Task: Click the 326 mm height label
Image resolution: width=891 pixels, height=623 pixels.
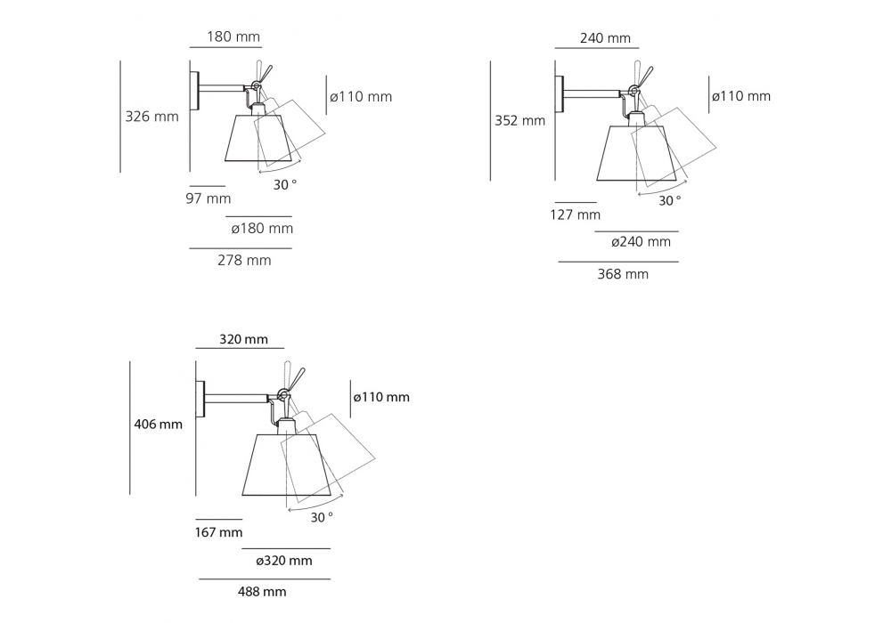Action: pos(151,117)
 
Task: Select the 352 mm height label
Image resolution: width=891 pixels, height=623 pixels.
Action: pos(520,120)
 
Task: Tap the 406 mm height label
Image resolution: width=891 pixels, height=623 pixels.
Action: pos(158,424)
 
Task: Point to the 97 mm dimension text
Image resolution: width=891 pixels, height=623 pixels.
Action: pos(208,198)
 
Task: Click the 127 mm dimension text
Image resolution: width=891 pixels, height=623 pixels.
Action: pos(575,214)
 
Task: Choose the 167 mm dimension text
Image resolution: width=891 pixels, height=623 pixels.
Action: pos(219,532)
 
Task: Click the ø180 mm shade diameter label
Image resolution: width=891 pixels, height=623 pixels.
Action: pos(262,228)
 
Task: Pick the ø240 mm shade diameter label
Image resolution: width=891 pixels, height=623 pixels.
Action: pos(641,242)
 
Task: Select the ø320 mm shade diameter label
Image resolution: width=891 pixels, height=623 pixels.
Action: pos(284,561)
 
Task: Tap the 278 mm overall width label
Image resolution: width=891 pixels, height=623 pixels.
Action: pos(244,260)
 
